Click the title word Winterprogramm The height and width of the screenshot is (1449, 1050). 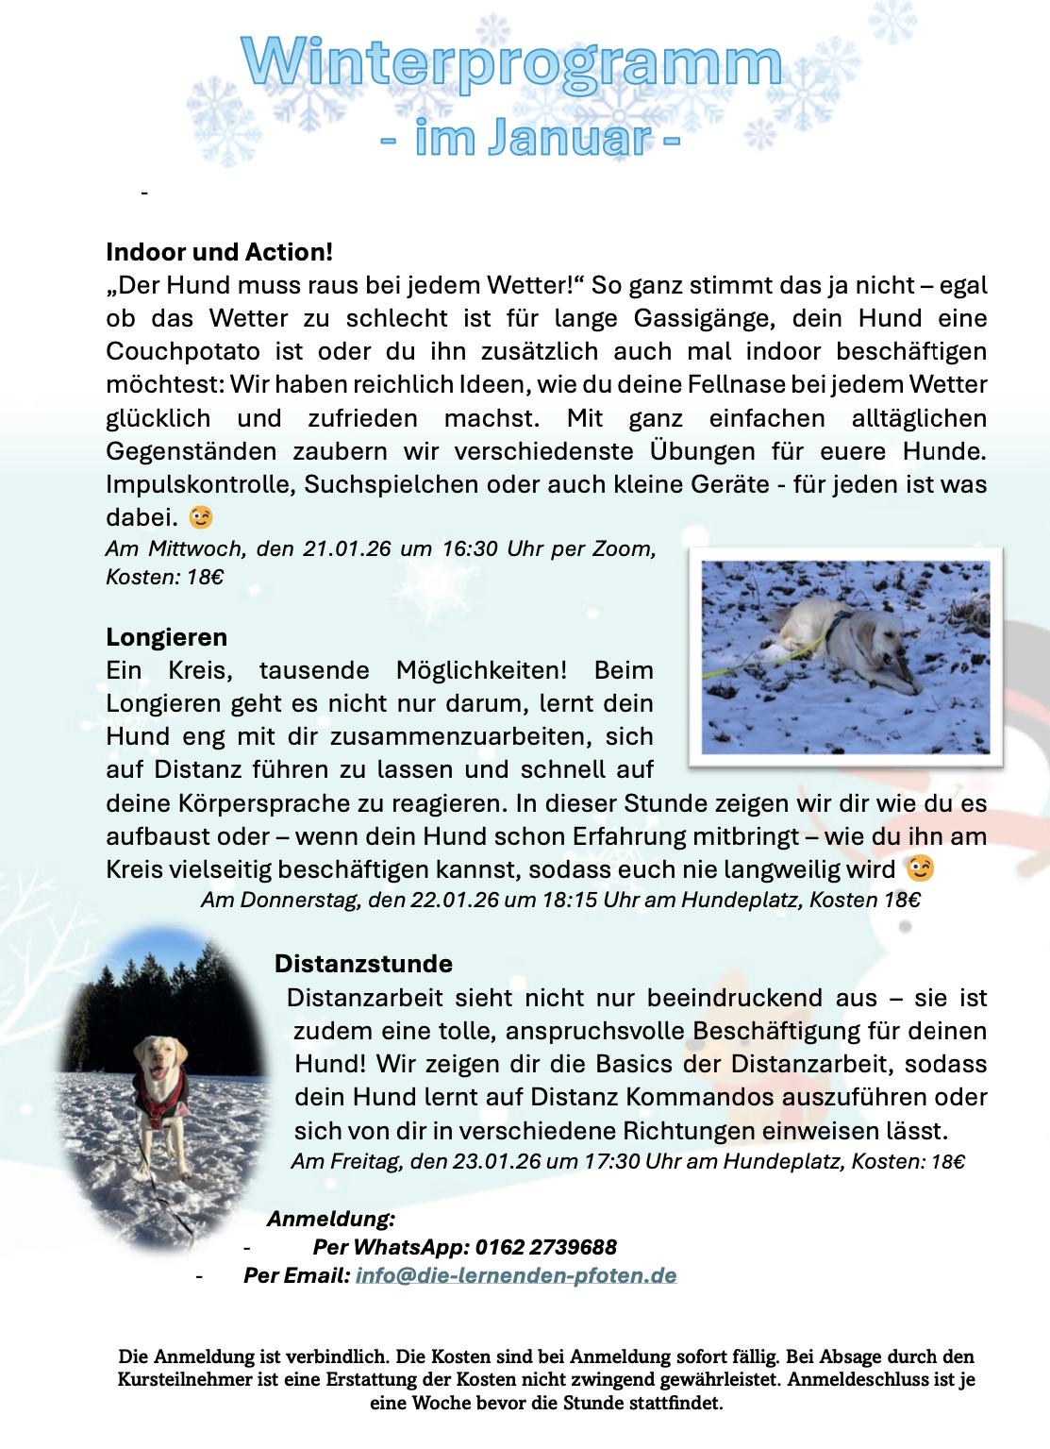pyautogui.click(x=511, y=63)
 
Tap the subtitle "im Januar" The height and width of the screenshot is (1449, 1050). pyautogui.click(x=533, y=138)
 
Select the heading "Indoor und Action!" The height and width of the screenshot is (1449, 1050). pyautogui.click(x=219, y=252)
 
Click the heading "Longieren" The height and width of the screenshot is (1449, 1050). pyautogui.click(x=166, y=637)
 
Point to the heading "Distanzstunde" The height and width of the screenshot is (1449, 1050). pyautogui.click(x=363, y=964)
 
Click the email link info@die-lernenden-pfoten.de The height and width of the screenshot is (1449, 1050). pyautogui.click(x=516, y=1275)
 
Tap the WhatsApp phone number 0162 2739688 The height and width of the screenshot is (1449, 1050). pyautogui.click(x=545, y=1247)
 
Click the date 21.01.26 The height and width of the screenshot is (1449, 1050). pyautogui.click(x=346, y=548)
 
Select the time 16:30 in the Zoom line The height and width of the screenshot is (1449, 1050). pyautogui.click(x=469, y=548)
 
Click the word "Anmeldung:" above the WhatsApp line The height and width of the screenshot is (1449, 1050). pyautogui.click(x=331, y=1219)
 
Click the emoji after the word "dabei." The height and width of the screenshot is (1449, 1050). pyautogui.click(x=201, y=517)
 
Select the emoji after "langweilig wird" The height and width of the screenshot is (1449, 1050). pyautogui.click(x=920, y=868)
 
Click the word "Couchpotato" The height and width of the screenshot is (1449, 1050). pyautogui.click(x=183, y=351)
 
